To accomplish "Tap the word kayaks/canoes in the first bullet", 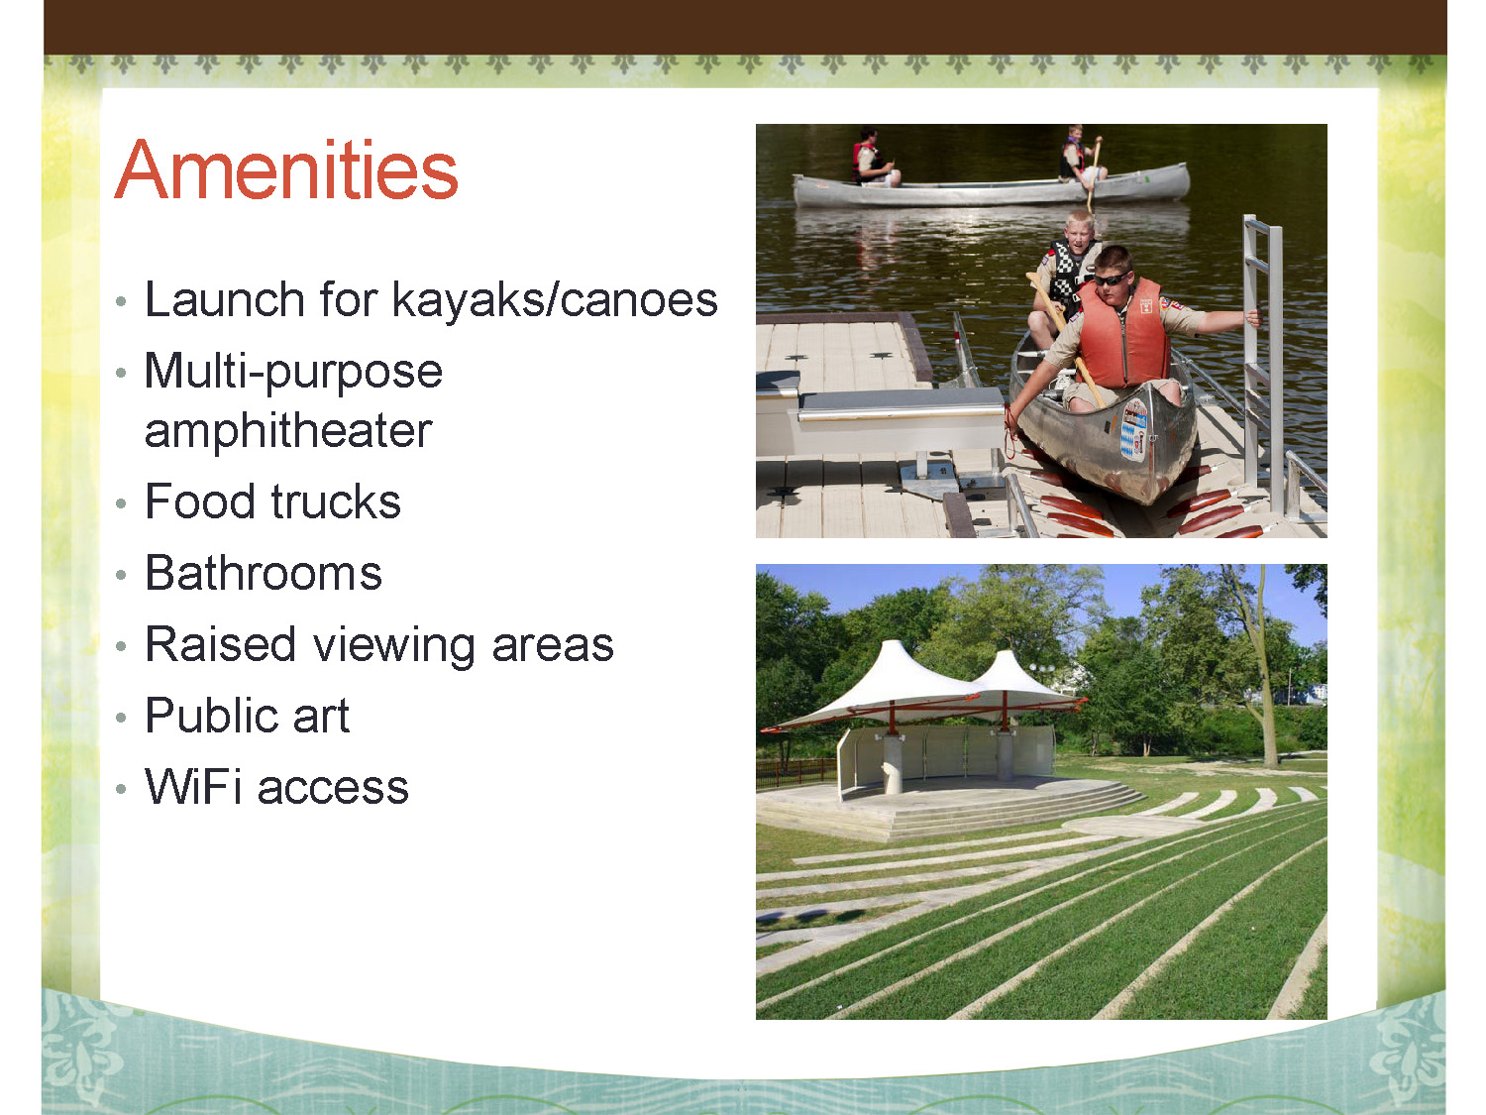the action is click(x=555, y=299).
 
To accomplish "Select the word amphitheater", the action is click(x=288, y=430).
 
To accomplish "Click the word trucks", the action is click(x=336, y=502).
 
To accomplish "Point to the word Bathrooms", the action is click(x=264, y=573).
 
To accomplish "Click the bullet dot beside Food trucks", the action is click(x=121, y=503).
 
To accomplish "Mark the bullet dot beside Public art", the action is click(x=121, y=718).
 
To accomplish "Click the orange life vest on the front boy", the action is click(x=1121, y=333).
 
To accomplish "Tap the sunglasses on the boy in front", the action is click(x=1113, y=279).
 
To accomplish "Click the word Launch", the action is click(x=225, y=299).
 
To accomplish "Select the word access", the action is click(x=333, y=789).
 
